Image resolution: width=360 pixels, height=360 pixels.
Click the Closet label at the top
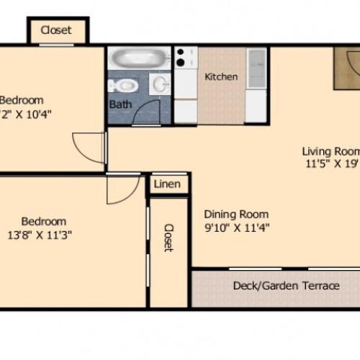click(x=55, y=30)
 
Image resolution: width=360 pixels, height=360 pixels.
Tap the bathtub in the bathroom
click(x=139, y=58)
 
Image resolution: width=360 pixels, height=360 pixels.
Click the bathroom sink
click(x=160, y=86)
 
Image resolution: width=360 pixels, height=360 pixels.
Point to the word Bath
click(x=120, y=105)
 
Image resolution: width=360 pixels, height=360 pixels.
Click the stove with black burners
click(x=185, y=58)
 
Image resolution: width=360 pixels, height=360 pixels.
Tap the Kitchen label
click(x=221, y=76)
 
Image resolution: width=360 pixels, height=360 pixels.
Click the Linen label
click(x=168, y=184)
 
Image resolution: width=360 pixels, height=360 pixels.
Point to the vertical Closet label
click(x=168, y=238)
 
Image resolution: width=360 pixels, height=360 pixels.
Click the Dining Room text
click(x=236, y=214)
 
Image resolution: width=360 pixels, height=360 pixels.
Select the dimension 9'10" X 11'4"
click(x=236, y=229)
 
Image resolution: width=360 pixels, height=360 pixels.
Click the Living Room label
click(x=330, y=151)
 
